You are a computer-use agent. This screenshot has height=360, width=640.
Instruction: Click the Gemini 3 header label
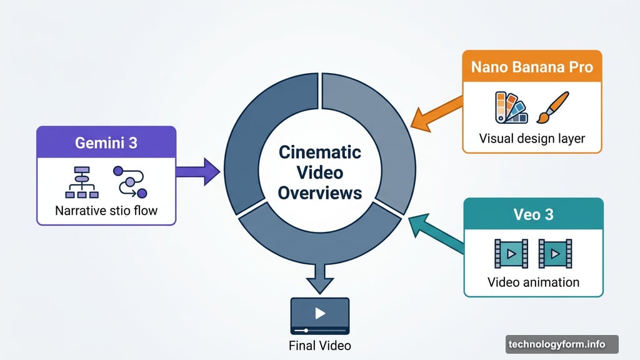point(106,143)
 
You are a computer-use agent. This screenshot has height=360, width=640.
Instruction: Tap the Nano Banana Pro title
point(532,67)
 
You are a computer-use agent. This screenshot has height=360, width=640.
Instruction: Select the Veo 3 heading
point(534,214)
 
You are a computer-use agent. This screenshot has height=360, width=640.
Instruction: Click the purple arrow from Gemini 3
point(198,172)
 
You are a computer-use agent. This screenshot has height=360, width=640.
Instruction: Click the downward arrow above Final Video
point(320,278)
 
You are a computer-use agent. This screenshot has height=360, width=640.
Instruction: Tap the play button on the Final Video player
point(320,313)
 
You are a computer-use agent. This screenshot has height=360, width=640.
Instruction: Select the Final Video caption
point(319,346)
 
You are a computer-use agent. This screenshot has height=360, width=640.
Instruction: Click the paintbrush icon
point(552,107)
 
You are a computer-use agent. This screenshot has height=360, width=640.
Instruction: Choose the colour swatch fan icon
point(511,107)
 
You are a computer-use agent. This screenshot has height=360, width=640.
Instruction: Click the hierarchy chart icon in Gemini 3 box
point(82,182)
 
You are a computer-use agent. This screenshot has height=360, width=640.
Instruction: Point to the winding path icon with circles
point(130,182)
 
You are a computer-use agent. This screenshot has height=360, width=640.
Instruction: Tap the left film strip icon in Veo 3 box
point(511,254)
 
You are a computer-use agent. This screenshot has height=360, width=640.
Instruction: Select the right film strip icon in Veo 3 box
point(555,254)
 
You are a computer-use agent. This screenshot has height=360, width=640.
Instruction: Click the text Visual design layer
point(532,138)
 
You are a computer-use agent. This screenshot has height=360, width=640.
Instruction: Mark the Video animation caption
point(534,282)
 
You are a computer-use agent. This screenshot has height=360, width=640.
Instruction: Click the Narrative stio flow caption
point(106,211)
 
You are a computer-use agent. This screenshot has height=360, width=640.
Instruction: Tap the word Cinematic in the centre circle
point(320,152)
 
